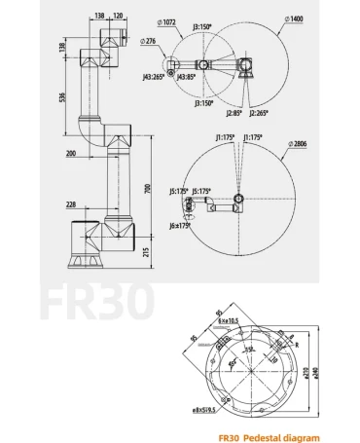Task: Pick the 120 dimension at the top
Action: coord(119,17)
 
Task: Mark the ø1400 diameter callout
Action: coord(295,18)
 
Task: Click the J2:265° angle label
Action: coord(258,113)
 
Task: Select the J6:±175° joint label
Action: coord(180,225)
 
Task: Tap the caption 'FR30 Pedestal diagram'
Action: coord(268,437)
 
